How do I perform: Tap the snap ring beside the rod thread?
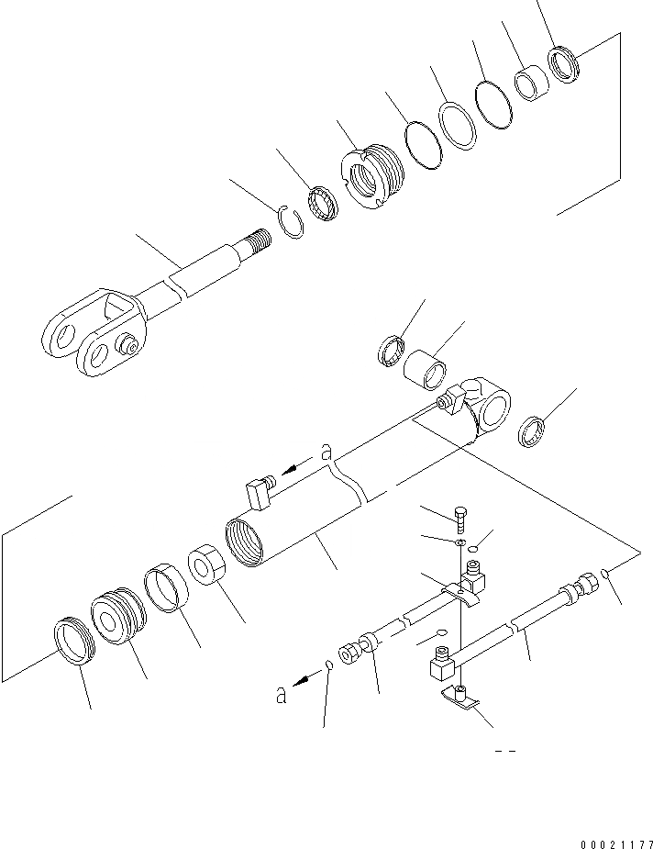tap(291, 223)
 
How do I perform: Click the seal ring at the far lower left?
tap(72, 639)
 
